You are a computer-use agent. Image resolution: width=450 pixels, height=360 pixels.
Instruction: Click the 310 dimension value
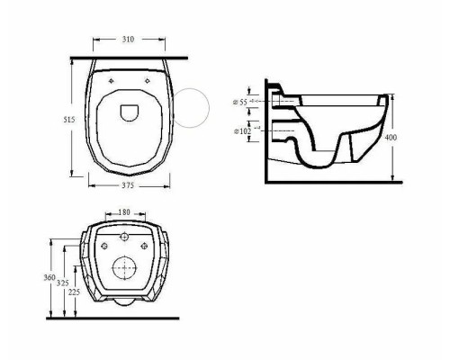[128, 40]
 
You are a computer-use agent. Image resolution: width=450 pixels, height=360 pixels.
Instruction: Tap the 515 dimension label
[69, 120]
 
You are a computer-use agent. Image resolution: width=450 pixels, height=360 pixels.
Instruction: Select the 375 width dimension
[128, 185]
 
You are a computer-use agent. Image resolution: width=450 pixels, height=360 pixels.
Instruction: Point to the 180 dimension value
[124, 212]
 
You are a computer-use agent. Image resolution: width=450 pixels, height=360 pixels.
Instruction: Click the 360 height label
[49, 277]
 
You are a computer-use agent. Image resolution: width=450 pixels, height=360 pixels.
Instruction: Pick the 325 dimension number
[63, 283]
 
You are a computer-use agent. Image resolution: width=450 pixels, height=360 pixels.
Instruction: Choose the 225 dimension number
[74, 292]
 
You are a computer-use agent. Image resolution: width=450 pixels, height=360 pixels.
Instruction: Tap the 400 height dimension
[391, 138]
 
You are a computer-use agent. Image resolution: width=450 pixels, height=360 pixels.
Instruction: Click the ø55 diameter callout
[240, 103]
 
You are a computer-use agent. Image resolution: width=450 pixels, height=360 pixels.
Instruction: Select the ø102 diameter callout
[242, 131]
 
